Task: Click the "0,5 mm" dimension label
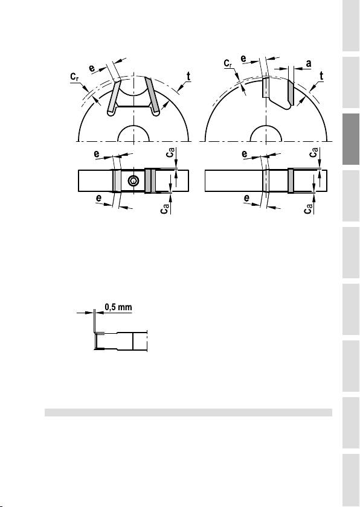[118, 307]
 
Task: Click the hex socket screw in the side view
[133, 181]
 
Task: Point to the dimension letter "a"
[308, 64]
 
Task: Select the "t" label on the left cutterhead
[188, 77]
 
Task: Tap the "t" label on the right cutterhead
[321, 76]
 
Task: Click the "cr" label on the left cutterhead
[75, 77]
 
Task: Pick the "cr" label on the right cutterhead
[228, 63]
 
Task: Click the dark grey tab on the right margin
[351, 139]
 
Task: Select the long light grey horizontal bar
[188, 412]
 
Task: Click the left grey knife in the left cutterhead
[114, 97]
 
